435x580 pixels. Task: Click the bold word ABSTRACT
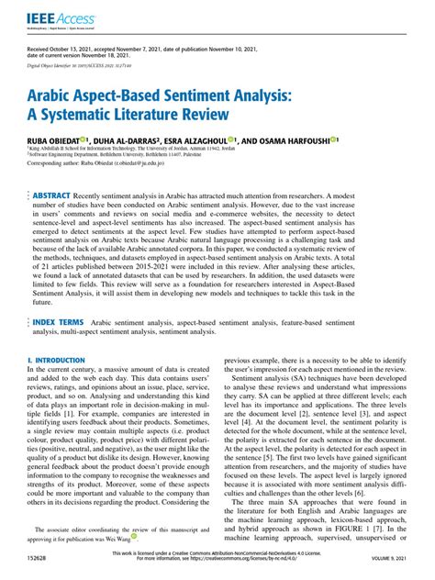pyautogui.click(x=57, y=196)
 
